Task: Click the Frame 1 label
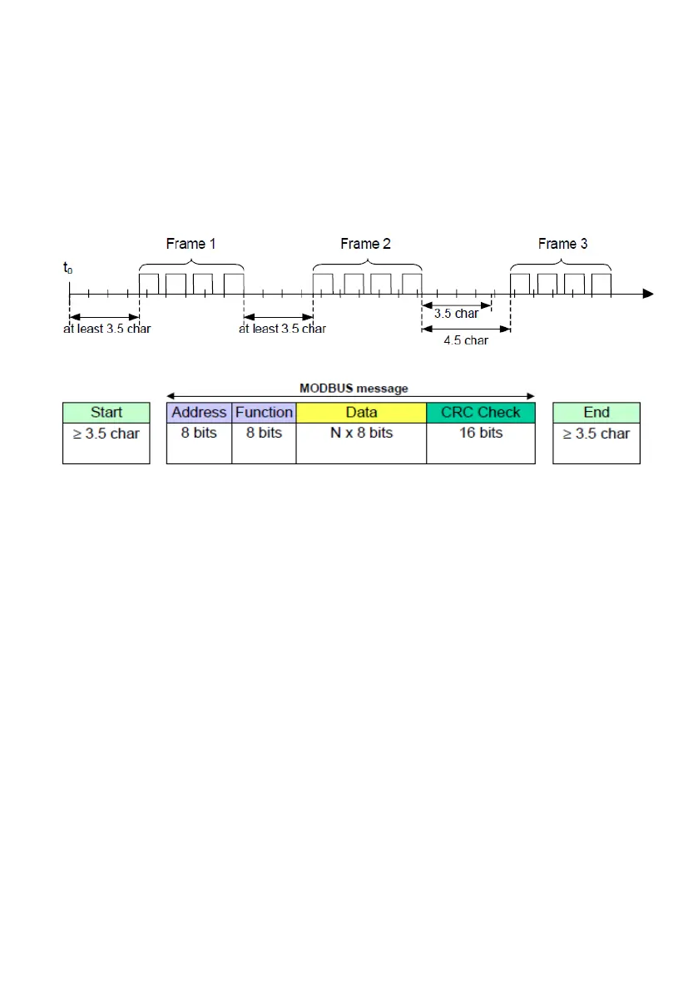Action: pos(191,244)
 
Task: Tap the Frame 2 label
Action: pos(365,244)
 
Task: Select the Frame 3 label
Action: pos(562,244)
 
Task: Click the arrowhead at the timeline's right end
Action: pos(648,294)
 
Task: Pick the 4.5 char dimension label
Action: pos(465,340)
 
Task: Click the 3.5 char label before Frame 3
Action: pos(456,314)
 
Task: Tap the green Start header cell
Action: pos(106,412)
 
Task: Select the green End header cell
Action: pos(597,412)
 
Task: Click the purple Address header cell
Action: pos(199,412)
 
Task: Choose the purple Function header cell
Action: pos(264,412)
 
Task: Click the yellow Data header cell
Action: pos(361,412)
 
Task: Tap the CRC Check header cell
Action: pos(481,412)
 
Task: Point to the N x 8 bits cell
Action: pos(361,434)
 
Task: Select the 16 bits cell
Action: pos(481,434)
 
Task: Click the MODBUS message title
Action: pos(354,388)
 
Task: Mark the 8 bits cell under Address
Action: pos(199,434)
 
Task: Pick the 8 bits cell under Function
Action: pos(264,434)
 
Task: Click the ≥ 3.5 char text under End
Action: pos(597,434)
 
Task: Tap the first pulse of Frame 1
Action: pos(149,283)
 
